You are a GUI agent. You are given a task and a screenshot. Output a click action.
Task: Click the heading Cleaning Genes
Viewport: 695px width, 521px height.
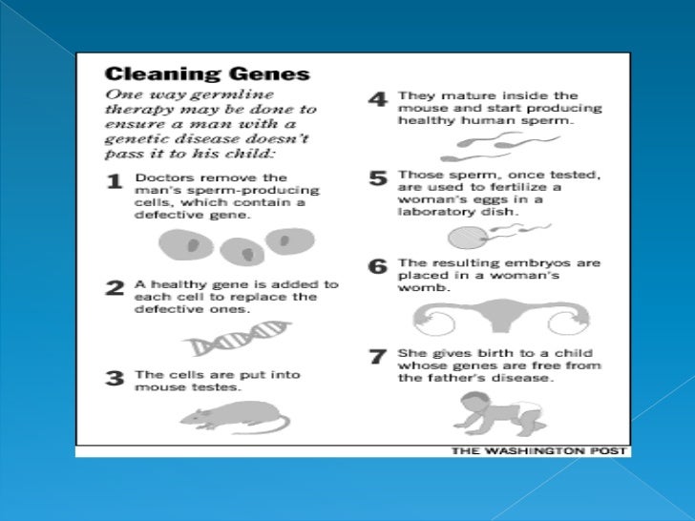tap(207, 74)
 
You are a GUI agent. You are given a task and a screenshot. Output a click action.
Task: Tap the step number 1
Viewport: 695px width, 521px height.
tap(115, 181)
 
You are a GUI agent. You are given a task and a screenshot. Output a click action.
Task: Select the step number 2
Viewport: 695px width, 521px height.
tap(115, 288)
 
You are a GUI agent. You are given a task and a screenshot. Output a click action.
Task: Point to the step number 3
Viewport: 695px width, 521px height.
tap(115, 378)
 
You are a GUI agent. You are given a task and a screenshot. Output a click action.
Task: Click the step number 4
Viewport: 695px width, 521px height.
tap(378, 99)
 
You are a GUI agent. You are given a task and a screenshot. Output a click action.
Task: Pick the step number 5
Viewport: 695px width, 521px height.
tap(378, 178)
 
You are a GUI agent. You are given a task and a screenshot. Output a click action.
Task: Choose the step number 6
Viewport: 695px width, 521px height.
tap(378, 266)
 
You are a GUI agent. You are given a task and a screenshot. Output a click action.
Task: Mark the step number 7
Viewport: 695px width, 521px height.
tap(378, 356)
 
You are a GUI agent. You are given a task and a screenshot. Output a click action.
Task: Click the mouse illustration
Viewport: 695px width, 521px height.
tap(235, 417)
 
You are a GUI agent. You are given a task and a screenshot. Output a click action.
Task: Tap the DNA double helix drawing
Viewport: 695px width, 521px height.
tap(237, 338)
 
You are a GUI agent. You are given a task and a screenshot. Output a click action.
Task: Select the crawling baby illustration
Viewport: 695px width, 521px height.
tap(499, 414)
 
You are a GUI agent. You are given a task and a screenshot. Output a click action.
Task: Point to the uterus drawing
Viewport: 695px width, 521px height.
tap(501, 317)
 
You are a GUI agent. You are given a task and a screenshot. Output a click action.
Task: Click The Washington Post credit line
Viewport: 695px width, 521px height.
tap(538, 451)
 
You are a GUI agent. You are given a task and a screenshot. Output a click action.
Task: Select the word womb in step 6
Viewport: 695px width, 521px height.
tap(423, 288)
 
